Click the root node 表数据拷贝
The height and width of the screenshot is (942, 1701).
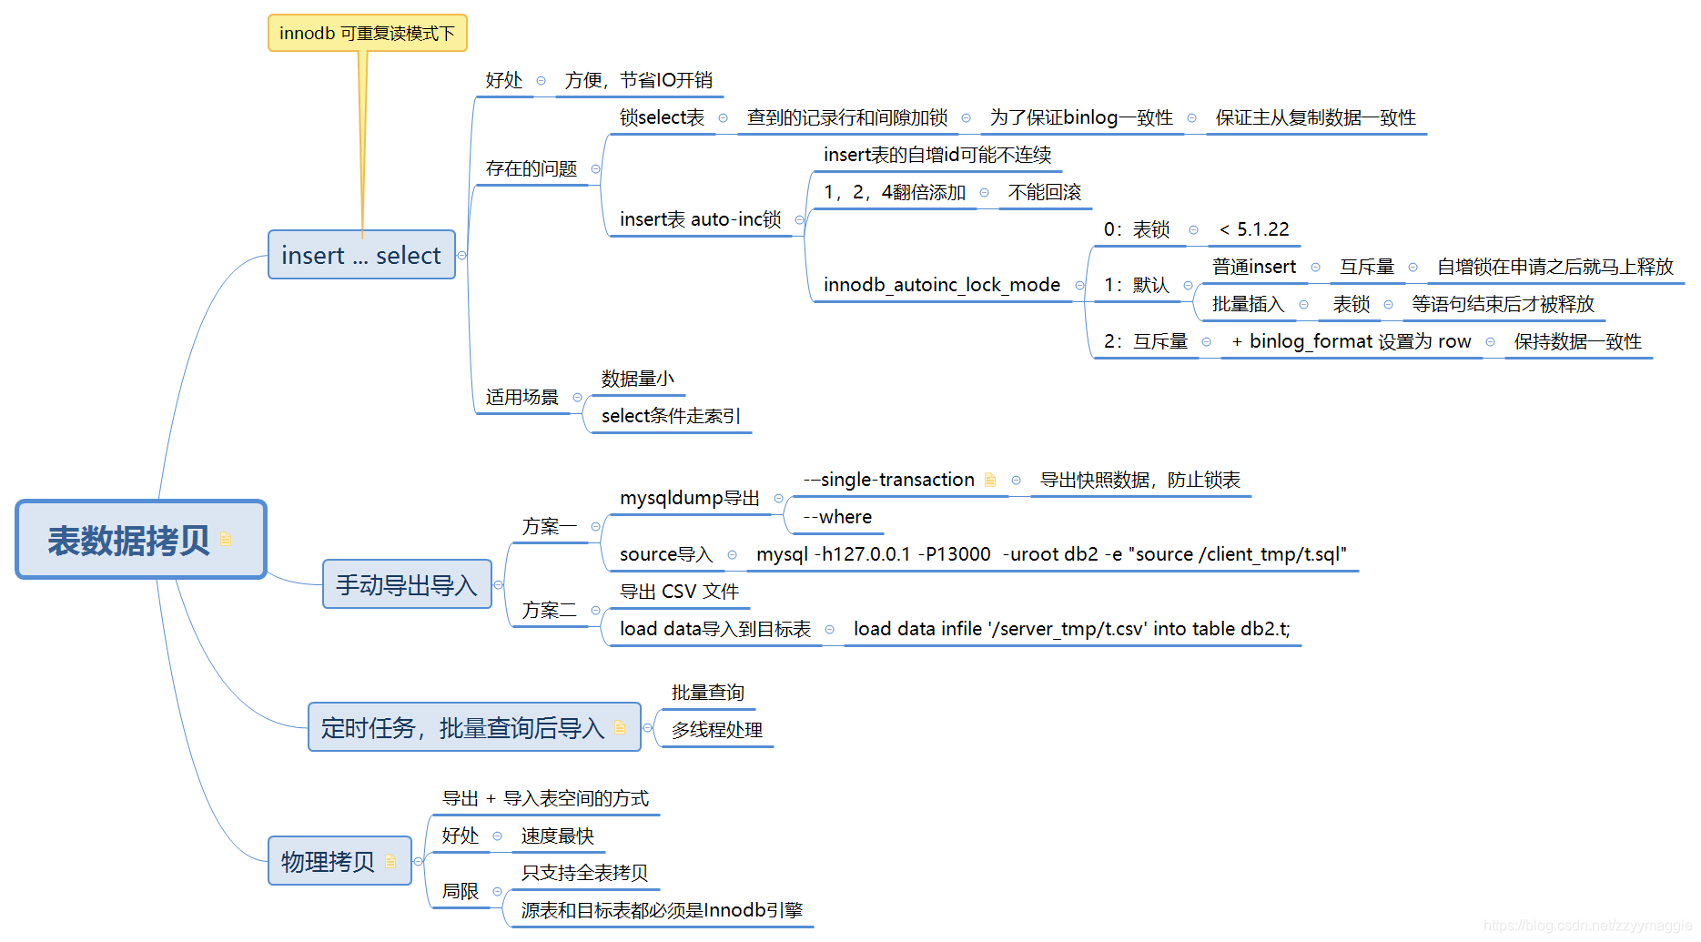pyautogui.click(x=128, y=540)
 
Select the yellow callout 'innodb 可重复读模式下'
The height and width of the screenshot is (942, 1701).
pyautogui.click(x=367, y=34)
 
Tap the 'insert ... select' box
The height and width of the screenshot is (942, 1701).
pyautogui.click(x=361, y=255)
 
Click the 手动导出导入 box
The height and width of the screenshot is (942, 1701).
pyautogui.click(x=406, y=584)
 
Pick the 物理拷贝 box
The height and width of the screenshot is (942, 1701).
pyautogui.click(x=329, y=861)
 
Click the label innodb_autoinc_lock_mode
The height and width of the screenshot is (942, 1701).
pyautogui.click(x=942, y=285)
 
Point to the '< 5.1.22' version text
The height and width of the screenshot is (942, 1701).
pyautogui.click(x=1254, y=229)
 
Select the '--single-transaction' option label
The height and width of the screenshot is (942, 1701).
pyautogui.click(x=888, y=480)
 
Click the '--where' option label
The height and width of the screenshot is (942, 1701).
pyautogui.click(x=837, y=517)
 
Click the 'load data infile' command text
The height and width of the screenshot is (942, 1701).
pyautogui.click(x=1071, y=629)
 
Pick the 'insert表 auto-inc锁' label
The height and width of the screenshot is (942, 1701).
pyautogui.click(x=700, y=219)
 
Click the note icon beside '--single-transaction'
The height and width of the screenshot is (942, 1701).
pyautogui.click(x=990, y=480)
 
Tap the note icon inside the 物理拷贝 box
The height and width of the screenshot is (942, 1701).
pyautogui.click(x=391, y=861)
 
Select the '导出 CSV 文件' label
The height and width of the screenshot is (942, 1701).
pyautogui.click(x=679, y=592)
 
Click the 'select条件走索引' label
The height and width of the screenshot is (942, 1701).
pyautogui.click(x=671, y=416)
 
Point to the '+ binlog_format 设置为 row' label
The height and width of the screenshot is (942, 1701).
pyautogui.click(x=1351, y=341)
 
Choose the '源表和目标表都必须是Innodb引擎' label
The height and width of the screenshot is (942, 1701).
pyautogui.click(x=662, y=910)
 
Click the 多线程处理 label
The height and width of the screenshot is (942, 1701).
pyautogui.click(x=717, y=730)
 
